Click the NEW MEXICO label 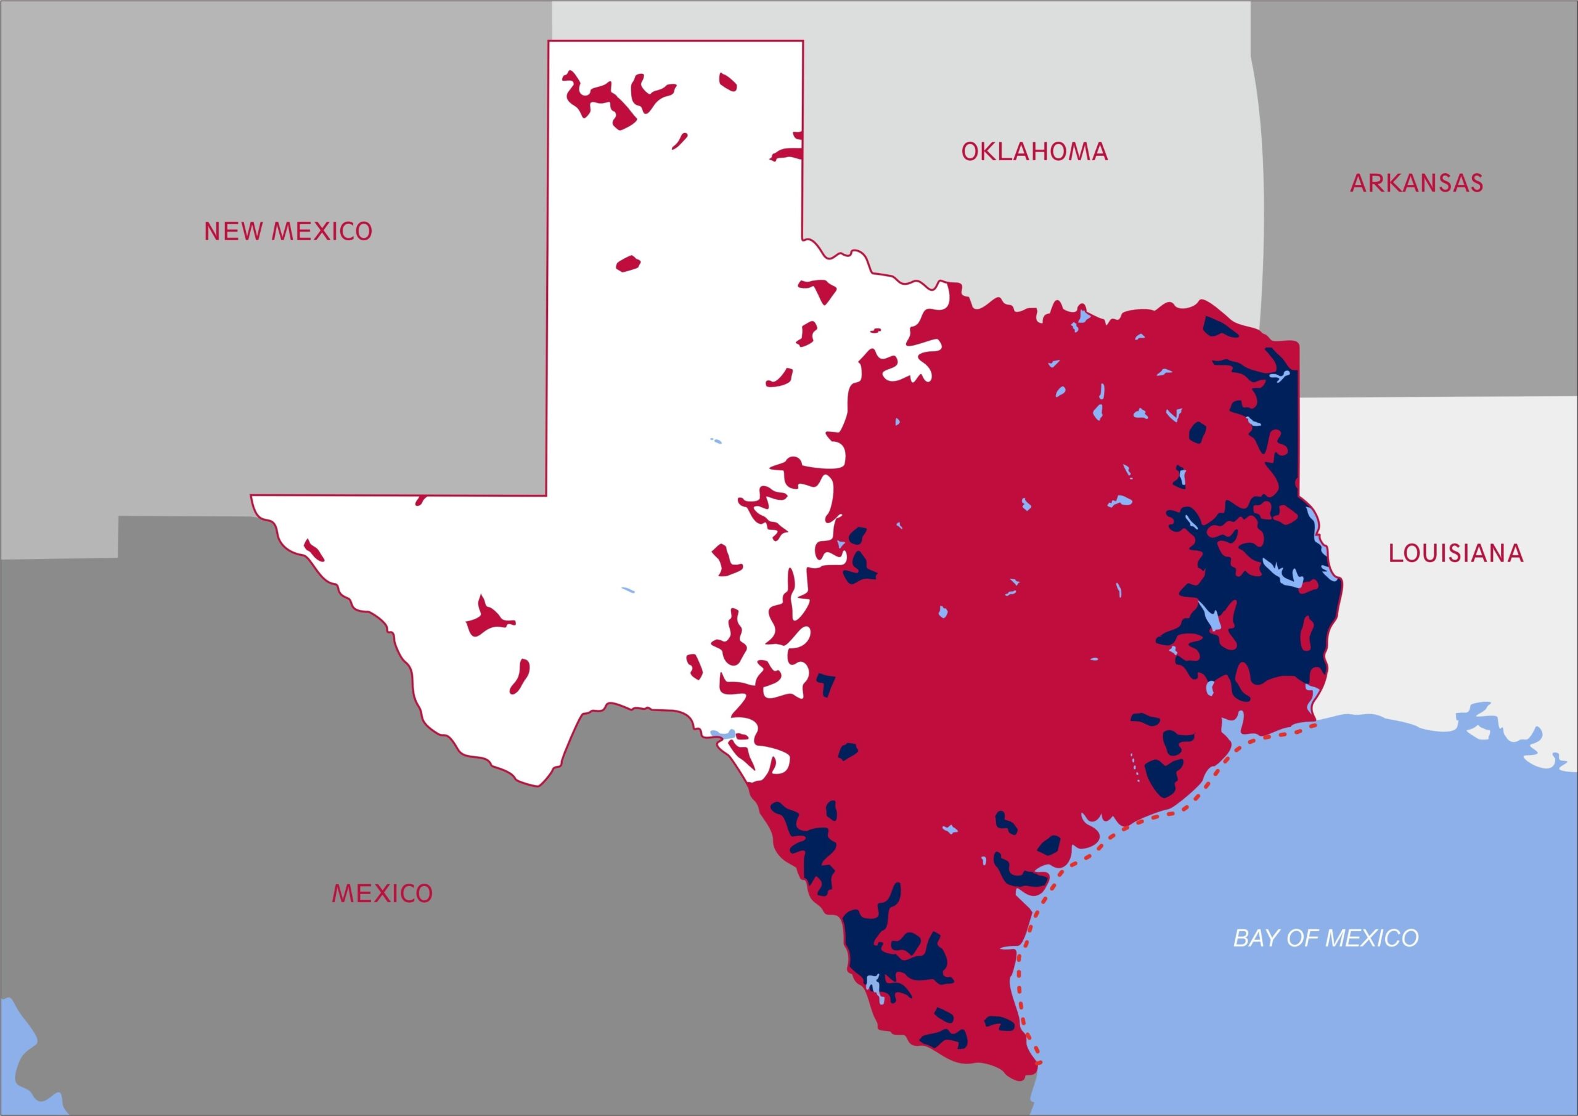[x=288, y=231]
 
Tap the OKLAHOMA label [x=1034, y=152]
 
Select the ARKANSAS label [x=1417, y=183]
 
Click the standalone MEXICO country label [x=382, y=894]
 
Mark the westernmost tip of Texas [x=251, y=495]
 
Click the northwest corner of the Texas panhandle [x=549, y=42]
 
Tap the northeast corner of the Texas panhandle [x=803, y=42]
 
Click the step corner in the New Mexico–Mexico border [x=119, y=518]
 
